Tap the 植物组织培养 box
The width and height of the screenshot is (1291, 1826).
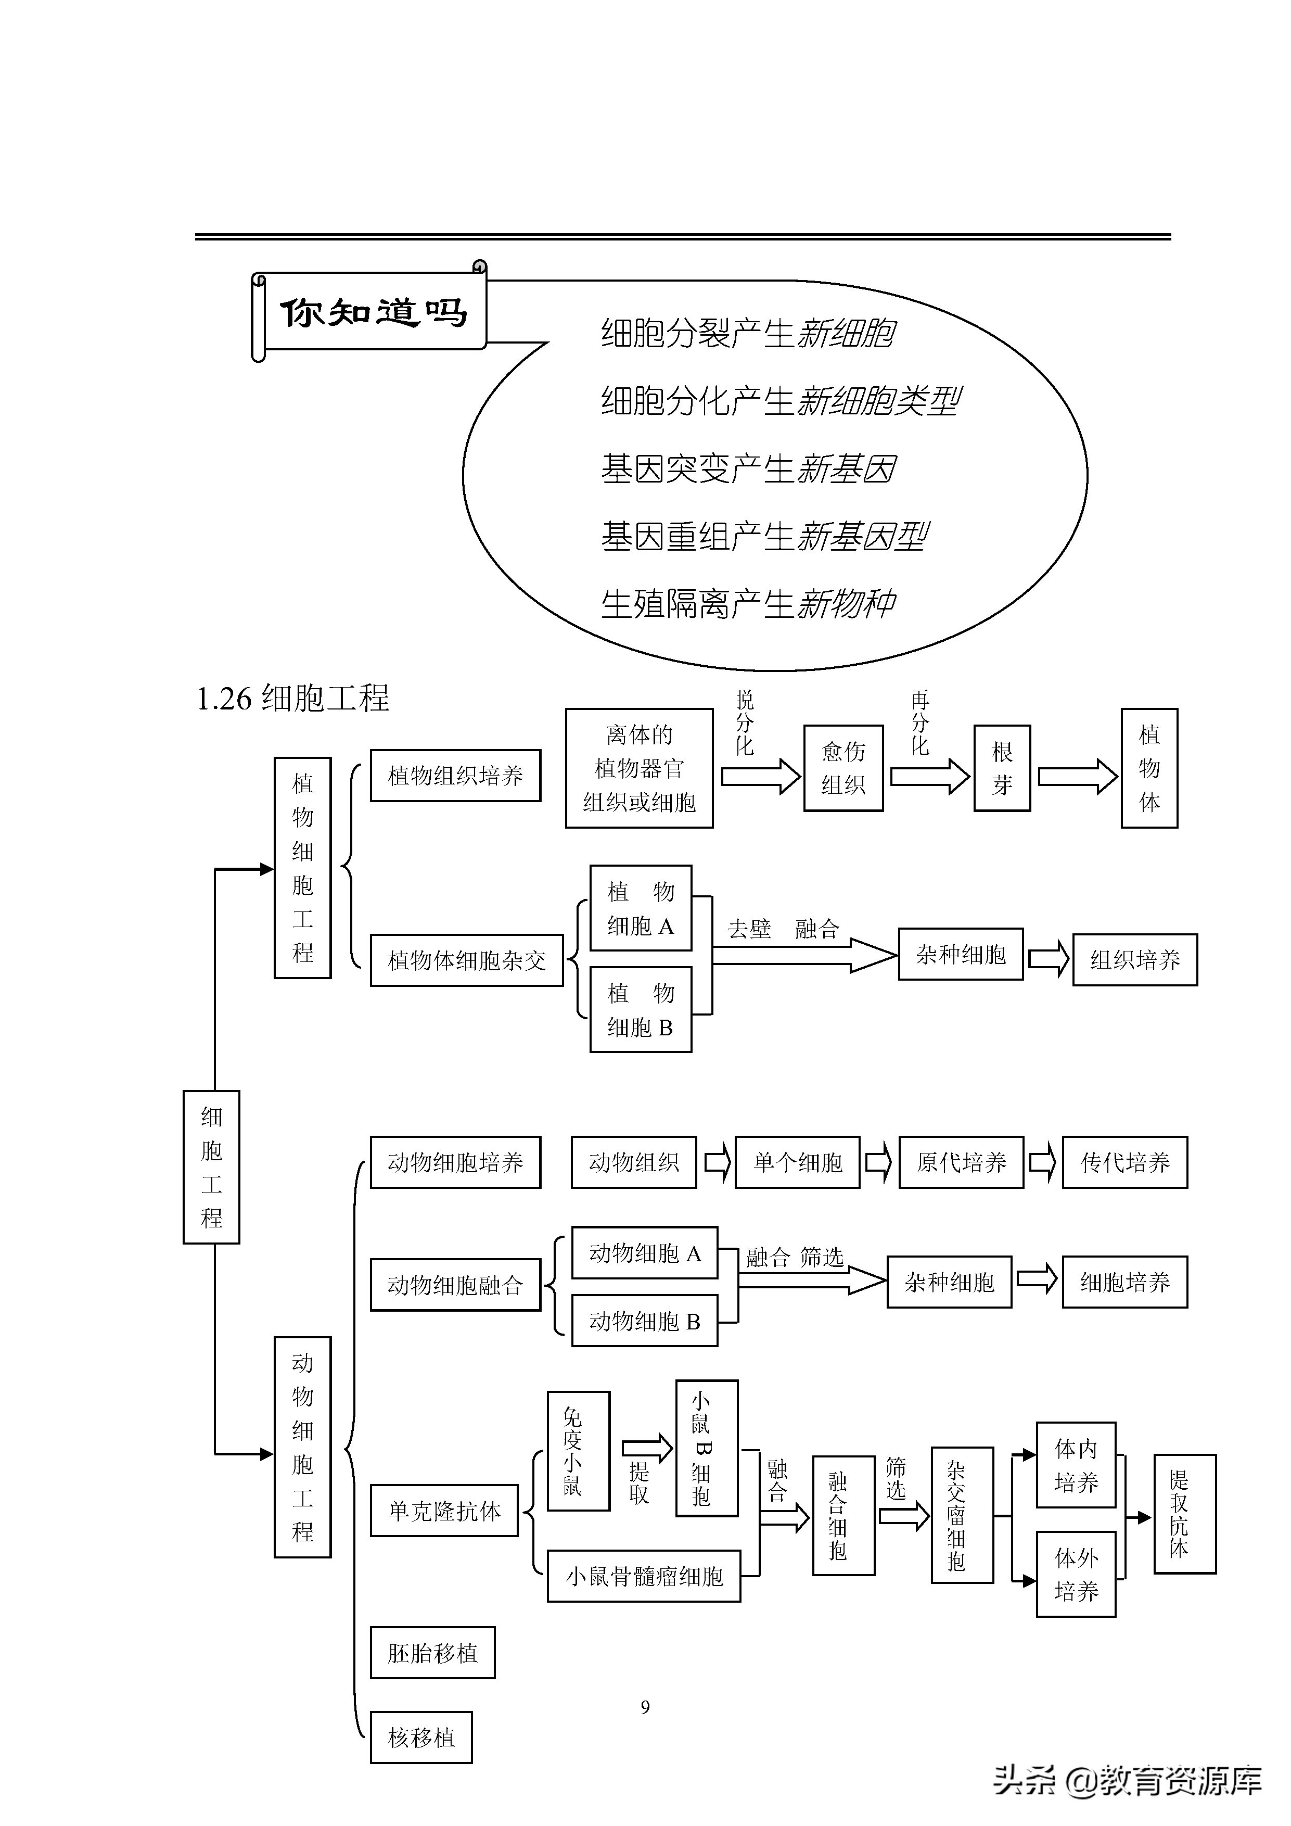tap(455, 776)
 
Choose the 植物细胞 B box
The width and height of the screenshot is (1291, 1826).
tap(640, 1009)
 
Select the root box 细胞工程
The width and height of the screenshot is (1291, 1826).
tap(211, 1166)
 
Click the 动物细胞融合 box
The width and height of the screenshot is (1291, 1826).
tap(455, 1285)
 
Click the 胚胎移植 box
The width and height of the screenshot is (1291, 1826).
tap(432, 1653)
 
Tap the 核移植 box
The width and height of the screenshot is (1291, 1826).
tap(421, 1737)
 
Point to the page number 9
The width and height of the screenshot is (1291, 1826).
tap(645, 1707)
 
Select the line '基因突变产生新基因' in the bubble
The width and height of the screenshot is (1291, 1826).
tap(747, 468)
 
